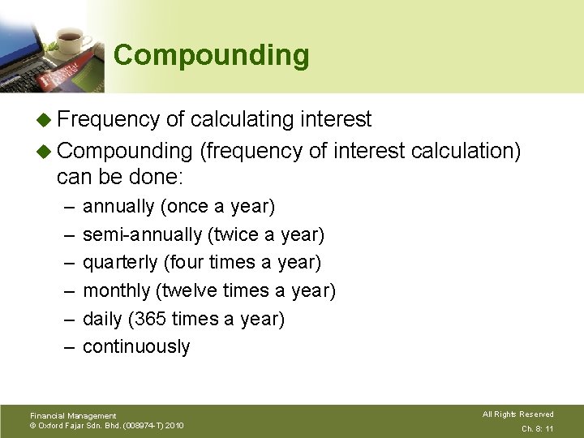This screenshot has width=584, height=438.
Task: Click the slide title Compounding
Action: [212, 56]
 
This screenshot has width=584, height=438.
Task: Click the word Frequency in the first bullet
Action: [109, 119]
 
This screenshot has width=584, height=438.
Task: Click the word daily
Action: [102, 319]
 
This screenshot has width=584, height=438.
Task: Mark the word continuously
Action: [136, 346]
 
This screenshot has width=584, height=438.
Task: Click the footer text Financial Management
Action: [73, 415]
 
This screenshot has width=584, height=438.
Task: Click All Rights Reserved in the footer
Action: [517, 414]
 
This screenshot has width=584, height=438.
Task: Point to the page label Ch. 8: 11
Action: [537, 428]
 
